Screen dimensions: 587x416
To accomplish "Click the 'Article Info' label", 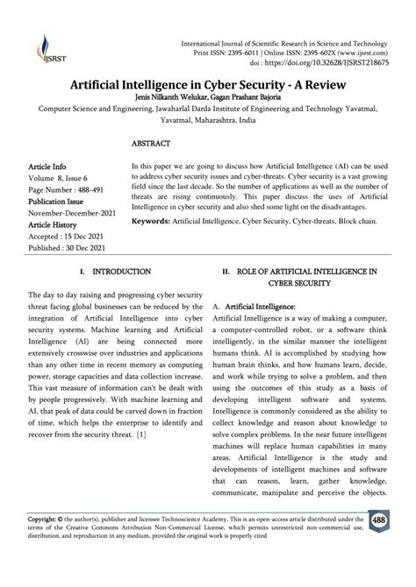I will [x=72, y=165].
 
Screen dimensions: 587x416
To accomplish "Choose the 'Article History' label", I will [x=78, y=225].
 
